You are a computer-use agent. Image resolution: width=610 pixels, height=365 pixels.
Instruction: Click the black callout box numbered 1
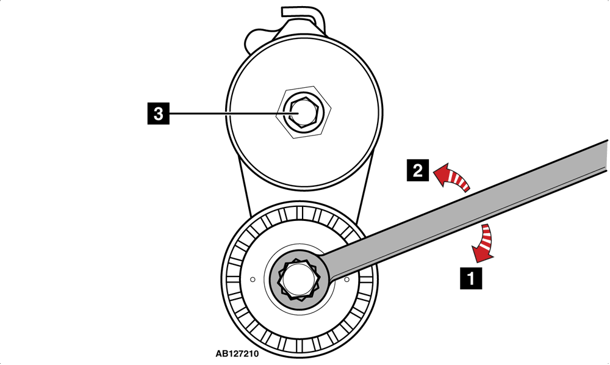click(471, 278)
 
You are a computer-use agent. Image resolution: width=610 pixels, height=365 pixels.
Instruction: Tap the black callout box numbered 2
click(418, 170)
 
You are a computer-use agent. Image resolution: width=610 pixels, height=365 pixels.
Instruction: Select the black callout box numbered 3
click(159, 114)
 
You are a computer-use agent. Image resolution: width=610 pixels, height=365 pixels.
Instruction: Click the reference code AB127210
click(237, 354)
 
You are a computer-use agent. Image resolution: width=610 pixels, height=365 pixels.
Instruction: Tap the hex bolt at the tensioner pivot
click(301, 112)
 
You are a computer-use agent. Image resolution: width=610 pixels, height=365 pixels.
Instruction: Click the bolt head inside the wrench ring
click(299, 280)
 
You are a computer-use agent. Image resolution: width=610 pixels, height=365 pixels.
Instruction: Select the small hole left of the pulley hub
click(253, 280)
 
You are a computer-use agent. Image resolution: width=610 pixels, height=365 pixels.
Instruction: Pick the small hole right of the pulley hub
click(347, 280)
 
